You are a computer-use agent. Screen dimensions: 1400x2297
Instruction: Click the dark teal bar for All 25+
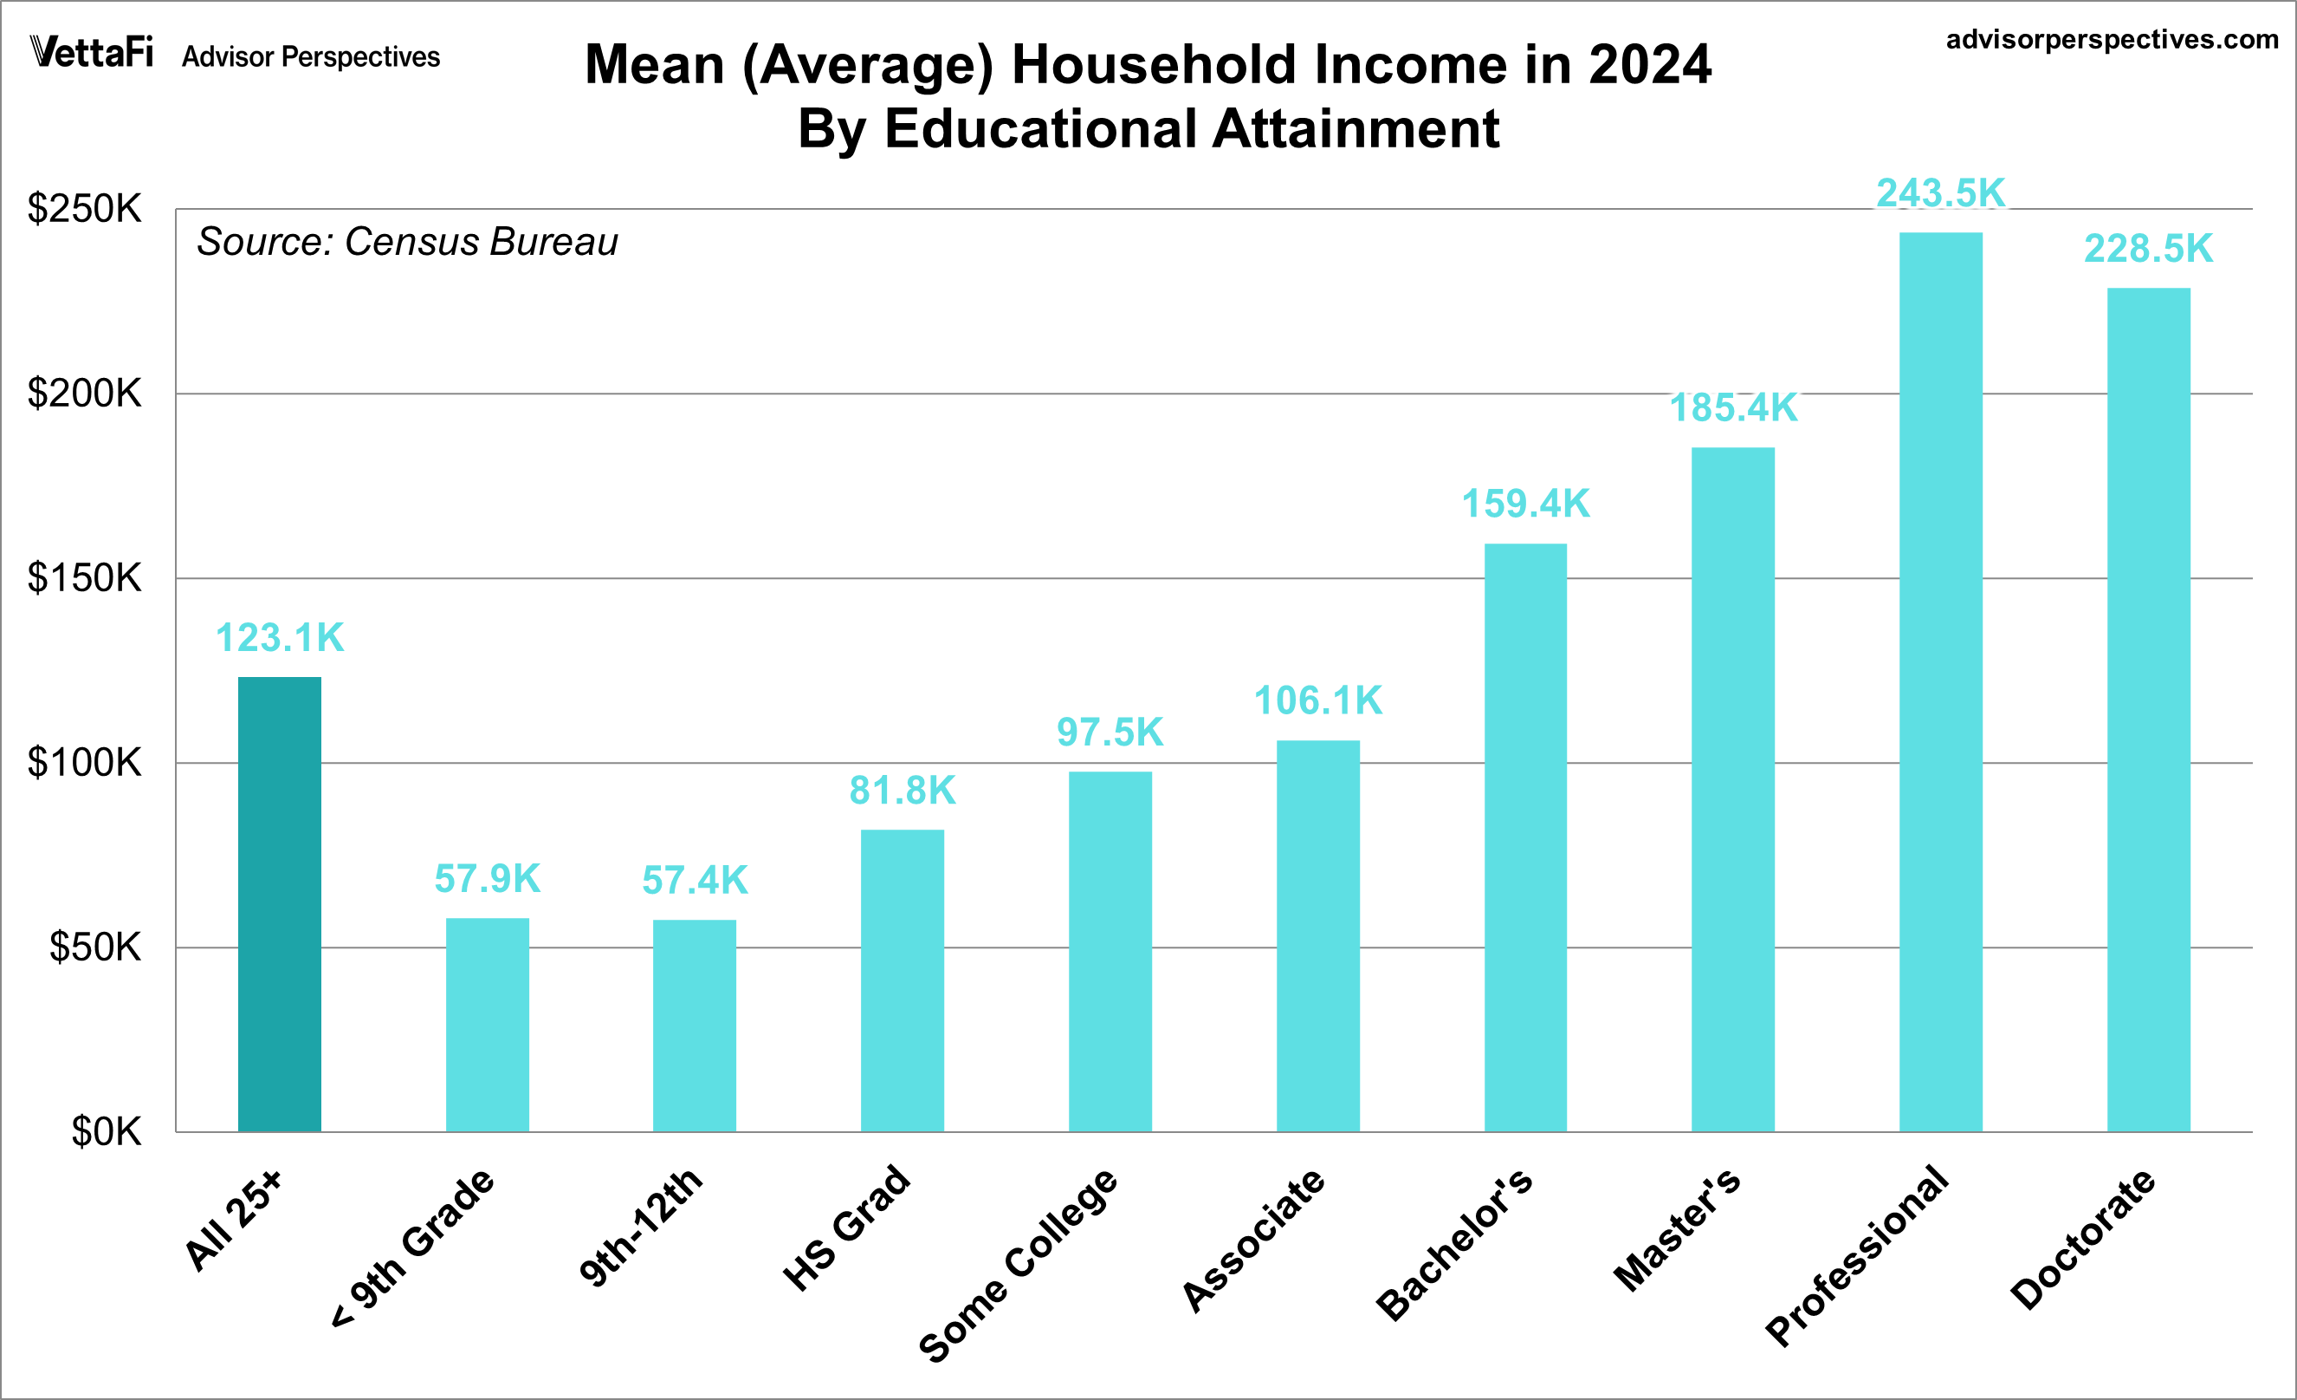pyautogui.click(x=279, y=905)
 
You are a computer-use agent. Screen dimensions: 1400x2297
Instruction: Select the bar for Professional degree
pyautogui.click(x=1941, y=680)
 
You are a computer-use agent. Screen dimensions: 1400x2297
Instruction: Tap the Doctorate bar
pyautogui.click(x=2149, y=709)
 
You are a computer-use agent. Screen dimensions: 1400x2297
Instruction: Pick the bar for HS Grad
pyautogui.click(x=902, y=980)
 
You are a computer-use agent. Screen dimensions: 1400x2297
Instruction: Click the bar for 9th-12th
pyautogui.click(x=694, y=1026)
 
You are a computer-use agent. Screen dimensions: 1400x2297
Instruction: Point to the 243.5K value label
pyautogui.click(x=1941, y=193)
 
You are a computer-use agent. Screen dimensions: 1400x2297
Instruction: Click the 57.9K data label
pyautogui.click(x=487, y=879)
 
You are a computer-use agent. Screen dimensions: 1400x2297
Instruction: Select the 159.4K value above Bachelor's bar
pyautogui.click(x=1525, y=504)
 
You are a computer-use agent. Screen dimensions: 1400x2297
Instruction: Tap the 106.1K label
pyautogui.click(x=1317, y=700)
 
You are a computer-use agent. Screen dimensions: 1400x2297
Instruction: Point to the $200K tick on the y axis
pyautogui.click(x=84, y=394)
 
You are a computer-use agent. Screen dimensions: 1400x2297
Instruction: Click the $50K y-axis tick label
pyautogui.click(x=95, y=947)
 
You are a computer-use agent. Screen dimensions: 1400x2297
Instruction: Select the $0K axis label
pyautogui.click(x=106, y=1132)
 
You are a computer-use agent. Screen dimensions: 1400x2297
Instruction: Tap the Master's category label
pyautogui.click(x=1676, y=1229)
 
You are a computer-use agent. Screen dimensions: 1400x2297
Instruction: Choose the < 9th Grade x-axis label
pyautogui.click(x=413, y=1247)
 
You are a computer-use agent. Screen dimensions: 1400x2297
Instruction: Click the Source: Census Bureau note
pyautogui.click(x=406, y=242)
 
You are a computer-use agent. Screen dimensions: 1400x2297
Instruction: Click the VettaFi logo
pyautogui.click(x=91, y=52)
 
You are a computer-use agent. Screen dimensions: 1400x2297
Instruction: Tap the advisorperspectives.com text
pyautogui.click(x=2112, y=39)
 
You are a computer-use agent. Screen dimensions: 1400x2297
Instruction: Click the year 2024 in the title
pyautogui.click(x=1649, y=65)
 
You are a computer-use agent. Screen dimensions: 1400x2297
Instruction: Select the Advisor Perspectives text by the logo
pyautogui.click(x=310, y=57)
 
